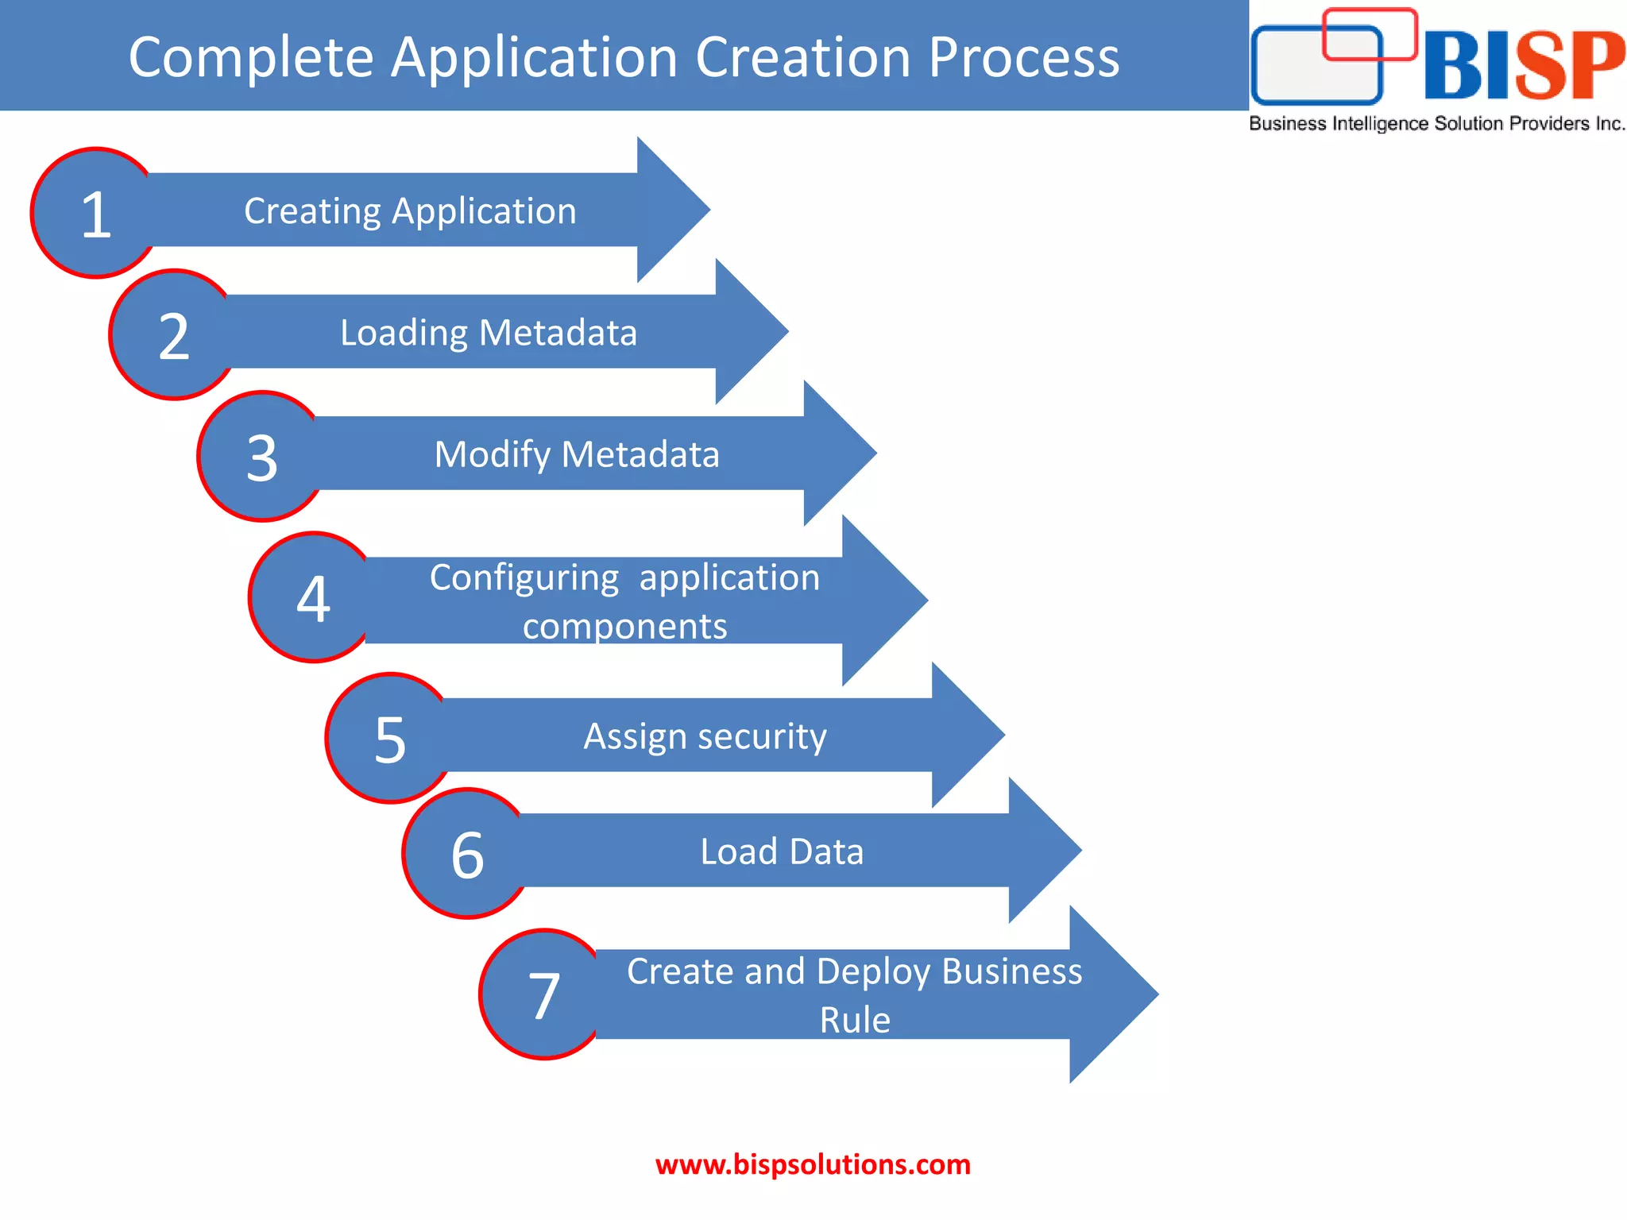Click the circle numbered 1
pos(95,213)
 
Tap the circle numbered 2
pos(173,334)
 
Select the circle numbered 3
pos(261,457)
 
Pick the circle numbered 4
pos(313,597)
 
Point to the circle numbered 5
pos(389,739)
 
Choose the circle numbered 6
pos(467,854)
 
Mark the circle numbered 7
pos(544,994)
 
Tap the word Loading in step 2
pos(403,334)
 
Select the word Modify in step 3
pos(492,455)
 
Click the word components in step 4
pos(624,627)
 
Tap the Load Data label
pos(782,851)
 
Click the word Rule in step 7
pos(855,1020)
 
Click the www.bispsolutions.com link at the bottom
pos(813,1164)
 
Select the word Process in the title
pos(1023,57)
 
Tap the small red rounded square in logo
pos(1370,33)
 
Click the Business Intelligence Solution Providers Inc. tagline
pos(1436,124)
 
